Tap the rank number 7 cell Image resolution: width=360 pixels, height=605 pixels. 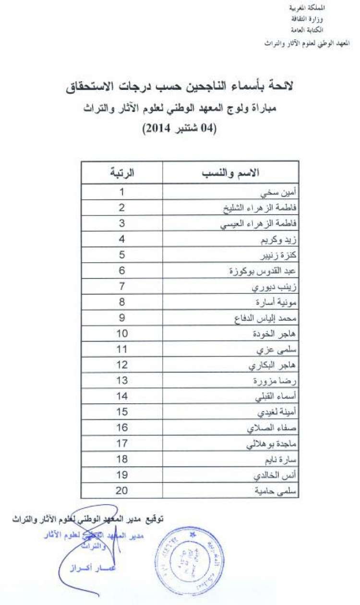pos(122,287)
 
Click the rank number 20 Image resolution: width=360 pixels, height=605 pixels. pos(122,490)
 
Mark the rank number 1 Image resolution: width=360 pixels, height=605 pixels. pos(122,193)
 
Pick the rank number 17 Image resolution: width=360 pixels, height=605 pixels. pos(122,444)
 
